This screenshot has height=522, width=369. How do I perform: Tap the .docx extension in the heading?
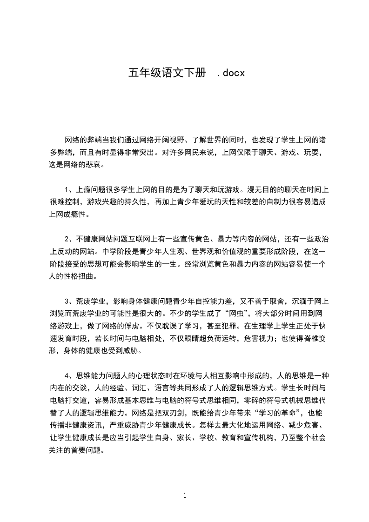[231, 73]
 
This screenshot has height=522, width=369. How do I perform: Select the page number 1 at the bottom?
[185, 495]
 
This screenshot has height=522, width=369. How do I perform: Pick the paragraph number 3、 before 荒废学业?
[68, 301]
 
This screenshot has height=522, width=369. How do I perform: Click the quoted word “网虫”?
[226, 313]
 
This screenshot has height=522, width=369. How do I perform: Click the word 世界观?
[194, 252]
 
